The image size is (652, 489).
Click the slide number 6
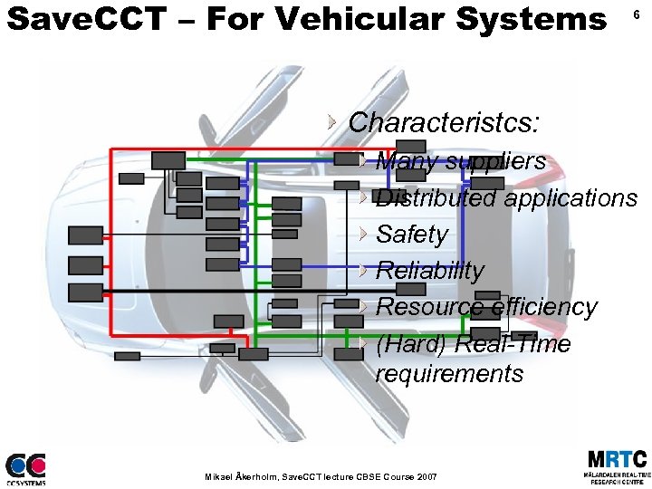(x=637, y=16)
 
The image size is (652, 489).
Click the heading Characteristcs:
(x=444, y=122)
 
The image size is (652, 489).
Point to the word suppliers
(x=494, y=162)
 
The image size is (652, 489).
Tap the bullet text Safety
(x=412, y=235)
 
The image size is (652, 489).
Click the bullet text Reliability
(x=430, y=271)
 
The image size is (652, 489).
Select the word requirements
(x=449, y=374)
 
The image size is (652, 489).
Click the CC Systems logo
(x=25, y=468)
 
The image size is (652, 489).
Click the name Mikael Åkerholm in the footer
(x=242, y=475)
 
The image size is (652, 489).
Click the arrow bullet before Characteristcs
(x=333, y=121)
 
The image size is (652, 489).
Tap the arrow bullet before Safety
(x=362, y=234)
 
